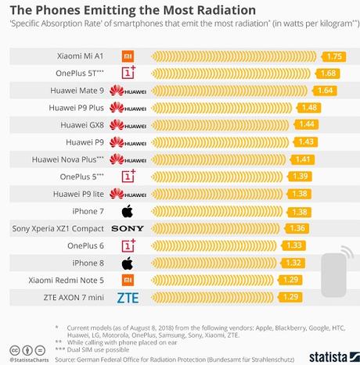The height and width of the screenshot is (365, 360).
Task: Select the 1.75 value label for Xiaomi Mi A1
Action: point(335,56)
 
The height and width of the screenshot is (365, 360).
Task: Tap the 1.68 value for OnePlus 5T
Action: point(328,73)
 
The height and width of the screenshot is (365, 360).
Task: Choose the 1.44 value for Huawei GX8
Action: point(305,124)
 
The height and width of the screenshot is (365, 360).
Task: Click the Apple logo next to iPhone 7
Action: point(127,211)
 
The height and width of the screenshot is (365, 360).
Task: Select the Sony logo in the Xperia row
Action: point(128,228)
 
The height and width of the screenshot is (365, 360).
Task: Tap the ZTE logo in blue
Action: point(128,297)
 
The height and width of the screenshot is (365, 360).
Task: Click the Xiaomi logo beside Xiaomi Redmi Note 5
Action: point(127,280)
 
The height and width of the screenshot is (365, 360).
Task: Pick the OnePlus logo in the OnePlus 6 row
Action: point(127,245)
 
